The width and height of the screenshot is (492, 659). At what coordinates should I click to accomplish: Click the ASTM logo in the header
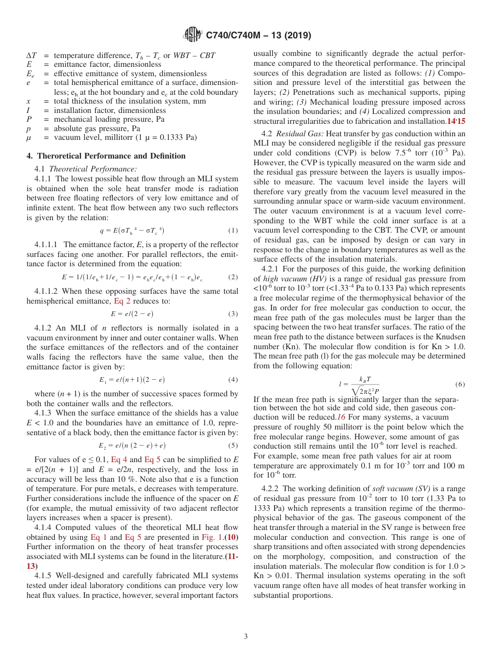(193, 35)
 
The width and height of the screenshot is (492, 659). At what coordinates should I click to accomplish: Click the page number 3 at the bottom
(246, 636)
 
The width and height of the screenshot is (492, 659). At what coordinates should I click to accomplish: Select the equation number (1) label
(233, 230)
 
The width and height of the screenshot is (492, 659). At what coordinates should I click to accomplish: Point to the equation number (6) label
(460, 384)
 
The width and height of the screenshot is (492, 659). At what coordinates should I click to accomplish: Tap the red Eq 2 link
(123, 301)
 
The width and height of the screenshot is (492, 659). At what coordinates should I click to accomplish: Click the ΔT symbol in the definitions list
(31, 55)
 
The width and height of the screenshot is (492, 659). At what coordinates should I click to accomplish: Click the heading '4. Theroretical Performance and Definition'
(106, 156)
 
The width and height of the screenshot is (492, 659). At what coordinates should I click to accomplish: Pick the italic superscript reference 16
(341, 417)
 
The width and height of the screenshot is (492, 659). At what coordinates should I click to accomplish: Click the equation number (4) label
(233, 380)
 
